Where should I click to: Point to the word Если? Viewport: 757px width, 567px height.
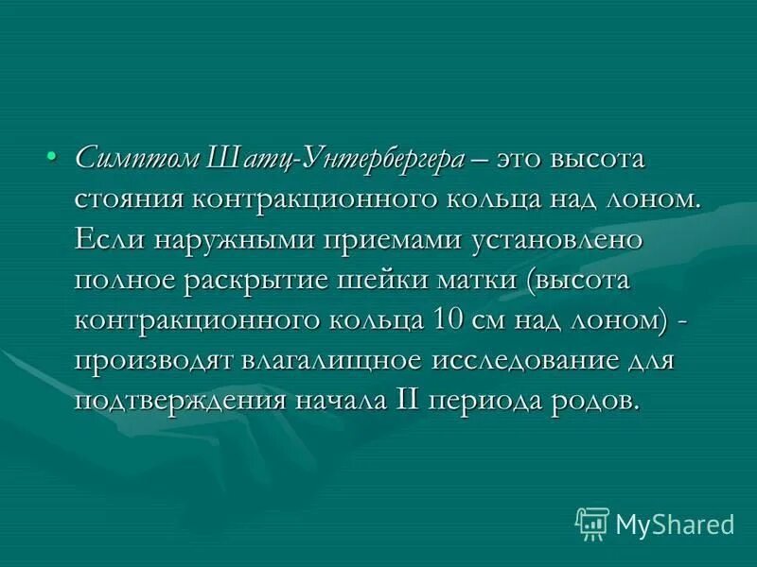tap(105, 238)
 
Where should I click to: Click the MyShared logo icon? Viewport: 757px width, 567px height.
tap(592, 522)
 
